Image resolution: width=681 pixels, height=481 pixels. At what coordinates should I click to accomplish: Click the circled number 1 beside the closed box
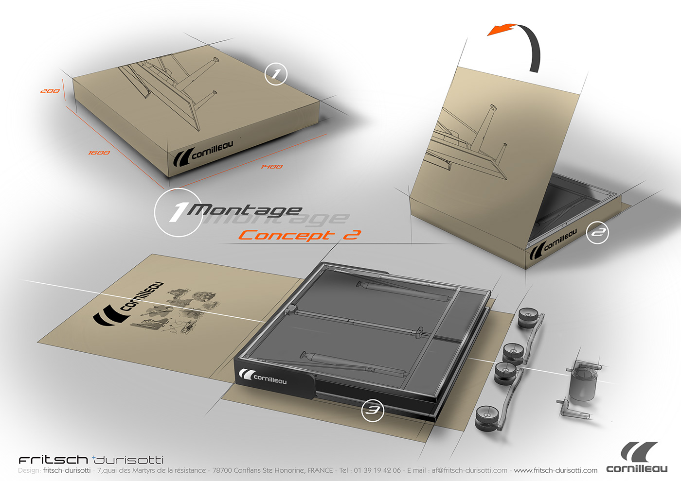(x=276, y=74)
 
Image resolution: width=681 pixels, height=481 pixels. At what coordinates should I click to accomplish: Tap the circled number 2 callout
(x=597, y=233)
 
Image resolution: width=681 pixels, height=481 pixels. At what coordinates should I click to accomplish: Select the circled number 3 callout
(x=373, y=411)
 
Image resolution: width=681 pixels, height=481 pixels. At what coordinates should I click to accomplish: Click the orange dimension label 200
(x=50, y=91)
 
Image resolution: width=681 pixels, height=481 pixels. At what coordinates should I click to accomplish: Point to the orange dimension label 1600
(x=99, y=153)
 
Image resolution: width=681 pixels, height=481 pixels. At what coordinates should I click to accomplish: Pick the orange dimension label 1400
(x=271, y=167)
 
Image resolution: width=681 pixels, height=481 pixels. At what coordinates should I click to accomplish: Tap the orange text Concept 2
(x=299, y=235)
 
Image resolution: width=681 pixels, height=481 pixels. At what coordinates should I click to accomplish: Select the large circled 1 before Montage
(x=178, y=212)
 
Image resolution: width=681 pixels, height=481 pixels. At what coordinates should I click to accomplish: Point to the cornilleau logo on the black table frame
(x=263, y=377)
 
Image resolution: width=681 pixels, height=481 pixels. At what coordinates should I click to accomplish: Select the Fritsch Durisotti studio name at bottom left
(x=91, y=460)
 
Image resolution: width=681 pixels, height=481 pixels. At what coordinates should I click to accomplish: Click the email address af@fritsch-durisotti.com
(x=469, y=470)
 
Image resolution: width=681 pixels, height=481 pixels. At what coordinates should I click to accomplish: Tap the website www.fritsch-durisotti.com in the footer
(x=556, y=470)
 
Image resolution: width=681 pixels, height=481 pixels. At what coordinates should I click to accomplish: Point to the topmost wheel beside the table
(x=527, y=317)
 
